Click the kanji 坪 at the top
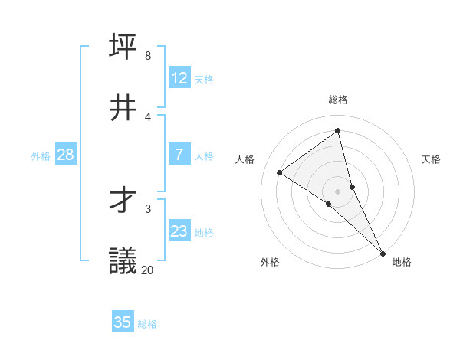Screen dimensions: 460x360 (x=123, y=46)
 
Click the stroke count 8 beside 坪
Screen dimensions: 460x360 (x=147, y=56)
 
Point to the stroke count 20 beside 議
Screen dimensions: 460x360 (x=147, y=270)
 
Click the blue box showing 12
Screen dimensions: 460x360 (x=179, y=78)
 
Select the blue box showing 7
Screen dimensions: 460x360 (x=179, y=155)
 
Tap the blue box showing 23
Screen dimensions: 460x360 (x=179, y=231)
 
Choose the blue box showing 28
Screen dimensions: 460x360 (x=66, y=155)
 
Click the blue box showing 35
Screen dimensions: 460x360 (x=123, y=322)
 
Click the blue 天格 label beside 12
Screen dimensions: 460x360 (x=204, y=79)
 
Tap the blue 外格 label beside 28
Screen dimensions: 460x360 (x=41, y=155)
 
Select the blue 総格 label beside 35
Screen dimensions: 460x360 (x=147, y=324)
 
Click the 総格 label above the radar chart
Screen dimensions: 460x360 (x=338, y=100)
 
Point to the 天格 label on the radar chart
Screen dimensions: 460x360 (x=431, y=159)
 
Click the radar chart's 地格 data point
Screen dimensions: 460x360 (x=382, y=252)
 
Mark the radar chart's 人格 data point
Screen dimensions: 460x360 (x=280, y=172)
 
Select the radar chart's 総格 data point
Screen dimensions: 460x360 (x=338, y=131)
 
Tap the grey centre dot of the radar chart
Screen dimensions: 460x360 (x=338, y=191)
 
